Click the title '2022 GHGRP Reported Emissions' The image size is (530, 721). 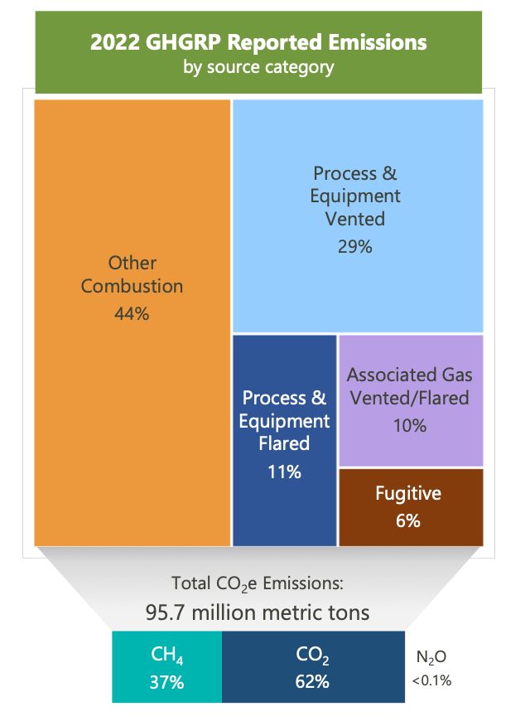click(258, 42)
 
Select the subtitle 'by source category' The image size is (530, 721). click(258, 66)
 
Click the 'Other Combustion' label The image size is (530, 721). click(132, 274)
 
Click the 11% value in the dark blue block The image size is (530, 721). click(284, 472)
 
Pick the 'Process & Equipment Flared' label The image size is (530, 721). click(284, 421)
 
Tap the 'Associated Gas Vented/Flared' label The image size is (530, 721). click(409, 385)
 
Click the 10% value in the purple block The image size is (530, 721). click(409, 425)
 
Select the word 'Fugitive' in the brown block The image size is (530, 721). click(408, 494)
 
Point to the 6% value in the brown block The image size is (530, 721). click(408, 520)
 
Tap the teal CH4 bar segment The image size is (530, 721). click(166, 667)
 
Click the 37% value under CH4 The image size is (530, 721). click(166, 683)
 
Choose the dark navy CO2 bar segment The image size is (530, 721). click(313, 667)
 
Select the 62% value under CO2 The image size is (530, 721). click(312, 683)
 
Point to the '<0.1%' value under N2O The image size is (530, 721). click(431, 681)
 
